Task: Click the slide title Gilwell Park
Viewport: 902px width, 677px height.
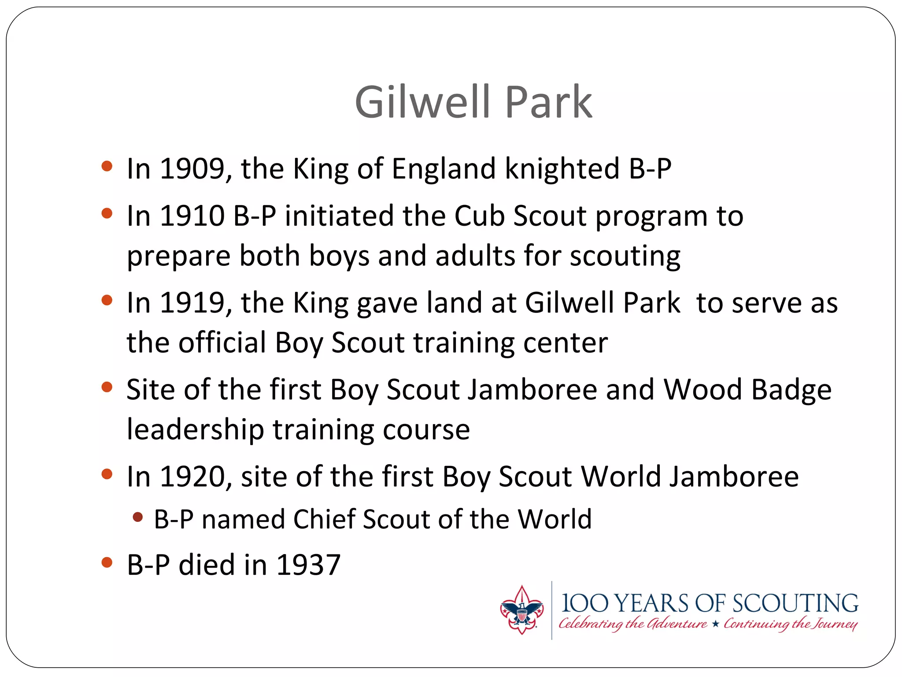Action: [x=473, y=102]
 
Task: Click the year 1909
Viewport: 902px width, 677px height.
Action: [x=192, y=168]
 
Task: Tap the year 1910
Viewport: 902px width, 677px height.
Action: [x=192, y=216]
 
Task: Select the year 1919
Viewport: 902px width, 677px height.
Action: [x=192, y=303]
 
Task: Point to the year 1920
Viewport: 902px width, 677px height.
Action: [x=192, y=477]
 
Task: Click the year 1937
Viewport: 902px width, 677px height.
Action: [x=308, y=565]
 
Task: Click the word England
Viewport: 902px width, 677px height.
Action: [x=444, y=169]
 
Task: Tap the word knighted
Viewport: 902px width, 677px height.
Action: [x=562, y=169]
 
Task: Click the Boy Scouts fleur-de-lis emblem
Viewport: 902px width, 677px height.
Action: [x=521, y=610]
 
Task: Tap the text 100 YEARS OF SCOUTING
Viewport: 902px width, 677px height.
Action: [x=709, y=603]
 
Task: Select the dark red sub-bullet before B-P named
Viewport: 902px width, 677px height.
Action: [x=138, y=517]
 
